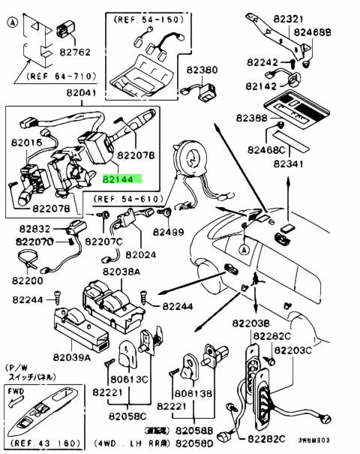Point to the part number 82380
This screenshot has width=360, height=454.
(x=202, y=71)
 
